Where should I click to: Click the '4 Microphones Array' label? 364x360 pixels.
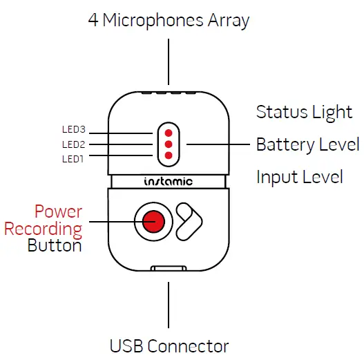coord(169,20)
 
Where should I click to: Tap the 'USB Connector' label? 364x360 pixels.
coord(169,345)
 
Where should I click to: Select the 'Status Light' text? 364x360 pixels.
coord(304,112)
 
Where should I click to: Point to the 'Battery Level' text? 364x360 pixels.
coord(307,144)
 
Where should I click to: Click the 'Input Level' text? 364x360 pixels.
coord(299,177)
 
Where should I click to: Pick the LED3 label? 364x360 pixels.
coord(73,130)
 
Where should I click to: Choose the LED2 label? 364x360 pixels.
coord(73,144)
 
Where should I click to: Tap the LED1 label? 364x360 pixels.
coord(73,159)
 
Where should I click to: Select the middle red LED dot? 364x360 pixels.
coord(169,144)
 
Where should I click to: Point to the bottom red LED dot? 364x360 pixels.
coord(169,156)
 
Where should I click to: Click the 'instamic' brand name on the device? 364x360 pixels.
coord(169,182)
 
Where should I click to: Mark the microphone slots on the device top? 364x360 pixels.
coord(169,90)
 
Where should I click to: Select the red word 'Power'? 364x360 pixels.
coord(58,211)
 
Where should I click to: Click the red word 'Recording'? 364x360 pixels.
coord(43,228)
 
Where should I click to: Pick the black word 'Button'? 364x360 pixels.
coord(55,245)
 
